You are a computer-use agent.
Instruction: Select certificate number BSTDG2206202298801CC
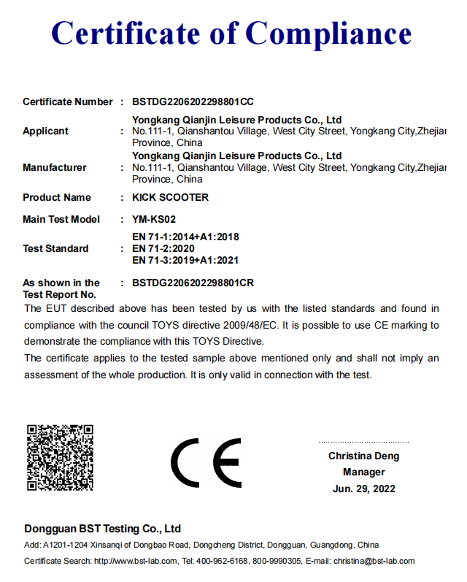pos(193,102)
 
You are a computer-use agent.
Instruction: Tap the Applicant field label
pos(45,131)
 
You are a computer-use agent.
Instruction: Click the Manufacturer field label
pos(54,167)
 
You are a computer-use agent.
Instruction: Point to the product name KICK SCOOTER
pos(170,197)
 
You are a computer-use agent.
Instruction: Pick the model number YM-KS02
pos(154,219)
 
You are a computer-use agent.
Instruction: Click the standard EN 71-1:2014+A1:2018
pos(185,237)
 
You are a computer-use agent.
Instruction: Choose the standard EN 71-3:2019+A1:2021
pos(185,260)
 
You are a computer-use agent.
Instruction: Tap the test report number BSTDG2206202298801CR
pos(193,283)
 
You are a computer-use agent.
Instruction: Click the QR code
pos(60,457)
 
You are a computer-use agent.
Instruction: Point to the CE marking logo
pos(206,463)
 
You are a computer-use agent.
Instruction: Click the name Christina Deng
pos(363,456)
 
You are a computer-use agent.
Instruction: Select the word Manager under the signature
pos(363,472)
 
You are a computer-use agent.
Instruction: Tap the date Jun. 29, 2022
pos(363,489)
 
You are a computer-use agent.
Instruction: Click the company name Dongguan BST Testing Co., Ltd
pos(102,529)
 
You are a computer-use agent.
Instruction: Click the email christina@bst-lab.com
pos(374,561)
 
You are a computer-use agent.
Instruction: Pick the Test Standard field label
pos(55,248)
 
